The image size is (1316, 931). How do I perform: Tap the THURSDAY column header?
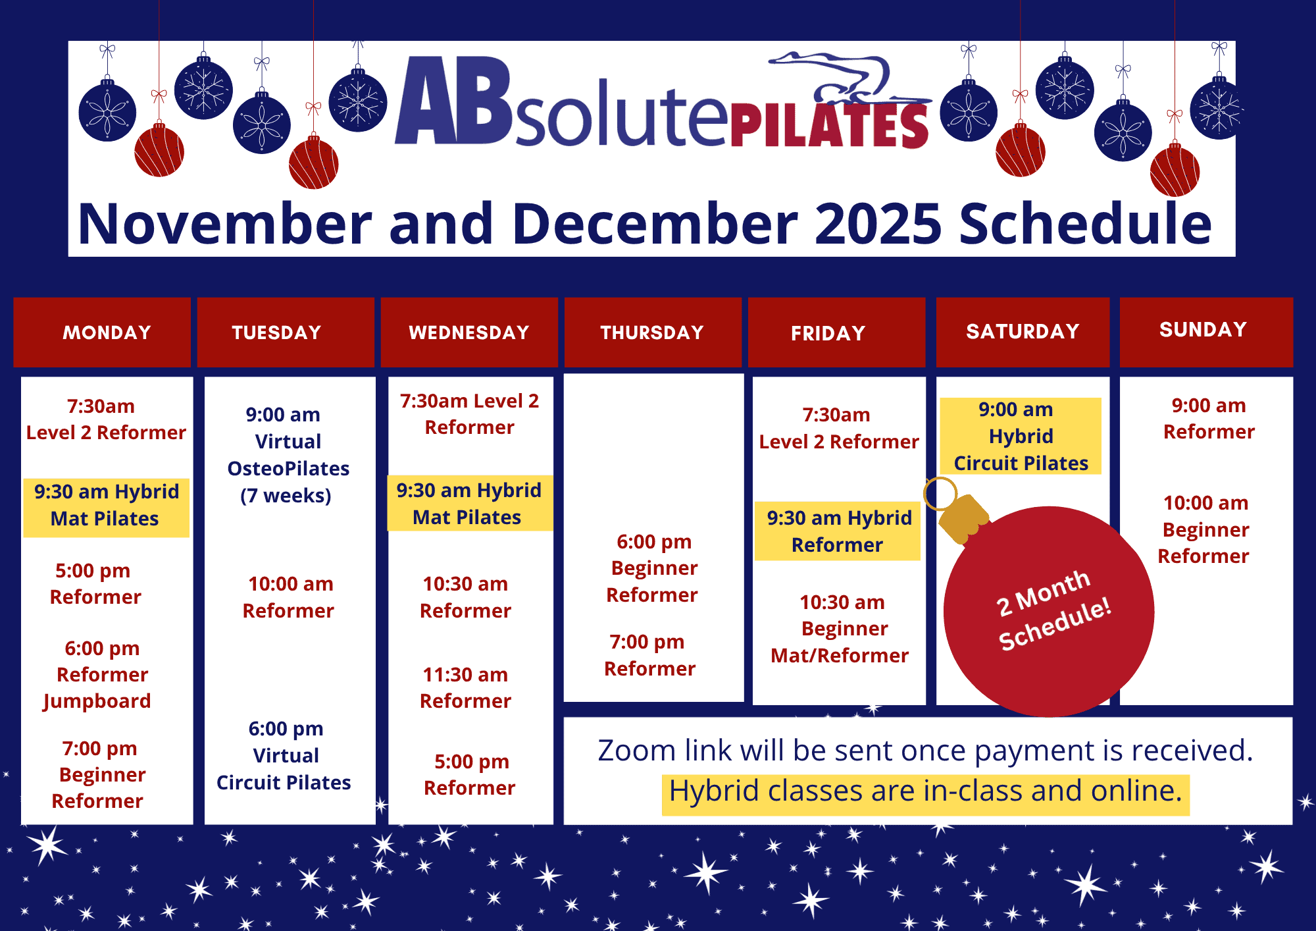pyautogui.click(x=653, y=332)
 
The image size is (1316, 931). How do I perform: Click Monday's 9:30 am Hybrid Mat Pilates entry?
pyautogui.click(x=107, y=506)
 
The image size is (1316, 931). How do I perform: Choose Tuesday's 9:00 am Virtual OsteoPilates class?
pyautogui.click(x=288, y=455)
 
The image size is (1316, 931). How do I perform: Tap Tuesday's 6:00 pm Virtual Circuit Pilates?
pyautogui.click(x=284, y=755)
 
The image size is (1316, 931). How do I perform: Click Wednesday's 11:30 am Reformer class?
pyautogui.click(x=466, y=687)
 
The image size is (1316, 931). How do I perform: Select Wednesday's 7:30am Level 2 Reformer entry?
pyautogui.click(x=470, y=414)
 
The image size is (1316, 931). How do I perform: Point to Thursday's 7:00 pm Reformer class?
pyautogui.click(x=649, y=655)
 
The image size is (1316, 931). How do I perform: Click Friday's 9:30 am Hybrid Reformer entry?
pyautogui.click(x=838, y=531)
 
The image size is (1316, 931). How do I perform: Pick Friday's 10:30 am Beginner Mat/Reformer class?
pyautogui.click(x=840, y=629)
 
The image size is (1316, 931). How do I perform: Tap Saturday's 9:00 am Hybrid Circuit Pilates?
pyautogui.click(x=1021, y=436)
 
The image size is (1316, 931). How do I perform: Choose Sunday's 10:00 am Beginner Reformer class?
pyautogui.click(x=1205, y=529)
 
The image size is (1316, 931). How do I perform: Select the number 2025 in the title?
pyautogui.click(x=878, y=224)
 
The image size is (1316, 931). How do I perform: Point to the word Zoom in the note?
pyautogui.click(x=637, y=751)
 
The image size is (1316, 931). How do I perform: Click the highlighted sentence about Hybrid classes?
pyautogui.click(x=925, y=791)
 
